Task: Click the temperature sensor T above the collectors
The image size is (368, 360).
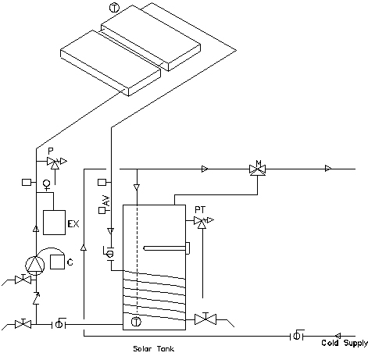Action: [x=114, y=8]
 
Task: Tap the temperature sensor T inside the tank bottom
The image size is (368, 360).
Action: [x=136, y=322]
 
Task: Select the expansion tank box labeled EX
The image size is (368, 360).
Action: [x=54, y=223]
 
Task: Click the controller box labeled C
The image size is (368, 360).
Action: [x=57, y=262]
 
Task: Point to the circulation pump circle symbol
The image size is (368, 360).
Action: [x=35, y=265]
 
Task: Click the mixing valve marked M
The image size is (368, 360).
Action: [x=258, y=169]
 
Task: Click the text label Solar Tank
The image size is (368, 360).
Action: [x=153, y=348]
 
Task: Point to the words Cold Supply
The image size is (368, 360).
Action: [x=345, y=343]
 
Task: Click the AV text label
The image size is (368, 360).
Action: [x=107, y=201]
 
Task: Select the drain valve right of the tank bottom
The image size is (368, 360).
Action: [x=205, y=319]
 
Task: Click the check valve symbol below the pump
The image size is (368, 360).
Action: [x=36, y=298]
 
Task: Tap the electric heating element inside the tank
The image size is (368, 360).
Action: [x=166, y=248]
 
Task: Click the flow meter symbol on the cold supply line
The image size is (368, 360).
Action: [x=297, y=336]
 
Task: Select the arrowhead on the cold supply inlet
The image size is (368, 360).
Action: [x=338, y=336]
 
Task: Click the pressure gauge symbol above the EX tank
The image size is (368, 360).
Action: [x=47, y=184]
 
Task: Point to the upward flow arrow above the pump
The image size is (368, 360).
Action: [x=36, y=229]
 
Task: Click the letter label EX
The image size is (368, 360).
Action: [x=73, y=224]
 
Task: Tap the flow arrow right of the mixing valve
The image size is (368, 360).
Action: [x=328, y=169]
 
